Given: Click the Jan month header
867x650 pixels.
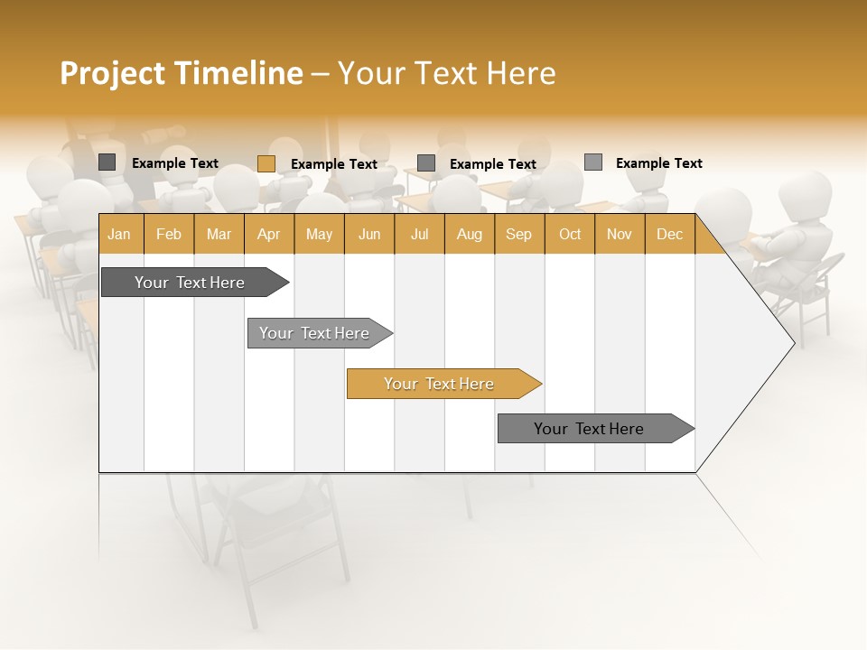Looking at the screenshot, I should tap(119, 235).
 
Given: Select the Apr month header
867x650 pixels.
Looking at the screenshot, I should tap(268, 235).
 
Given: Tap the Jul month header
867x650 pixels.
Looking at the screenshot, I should tap(419, 235).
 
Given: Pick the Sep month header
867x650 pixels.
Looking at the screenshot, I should tap(518, 235).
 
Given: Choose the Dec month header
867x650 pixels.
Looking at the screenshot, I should tap(669, 235).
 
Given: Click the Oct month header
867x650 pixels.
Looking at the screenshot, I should tap(570, 235).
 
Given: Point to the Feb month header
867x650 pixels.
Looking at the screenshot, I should tap(169, 235).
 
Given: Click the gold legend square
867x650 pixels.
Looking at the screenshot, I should tap(266, 163).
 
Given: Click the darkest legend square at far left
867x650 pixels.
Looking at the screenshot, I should tap(107, 162).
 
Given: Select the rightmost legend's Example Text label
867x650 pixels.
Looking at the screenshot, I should tap(658, 163).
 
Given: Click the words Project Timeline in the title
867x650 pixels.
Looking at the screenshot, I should tap(181, 73).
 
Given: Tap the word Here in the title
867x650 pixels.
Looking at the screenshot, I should tap(520, 73).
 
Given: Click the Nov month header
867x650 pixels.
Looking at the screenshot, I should tap(620, 235).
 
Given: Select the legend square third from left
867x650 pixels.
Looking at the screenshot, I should tap(426, 163).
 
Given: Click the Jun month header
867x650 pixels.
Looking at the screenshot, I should tap(369, 235).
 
